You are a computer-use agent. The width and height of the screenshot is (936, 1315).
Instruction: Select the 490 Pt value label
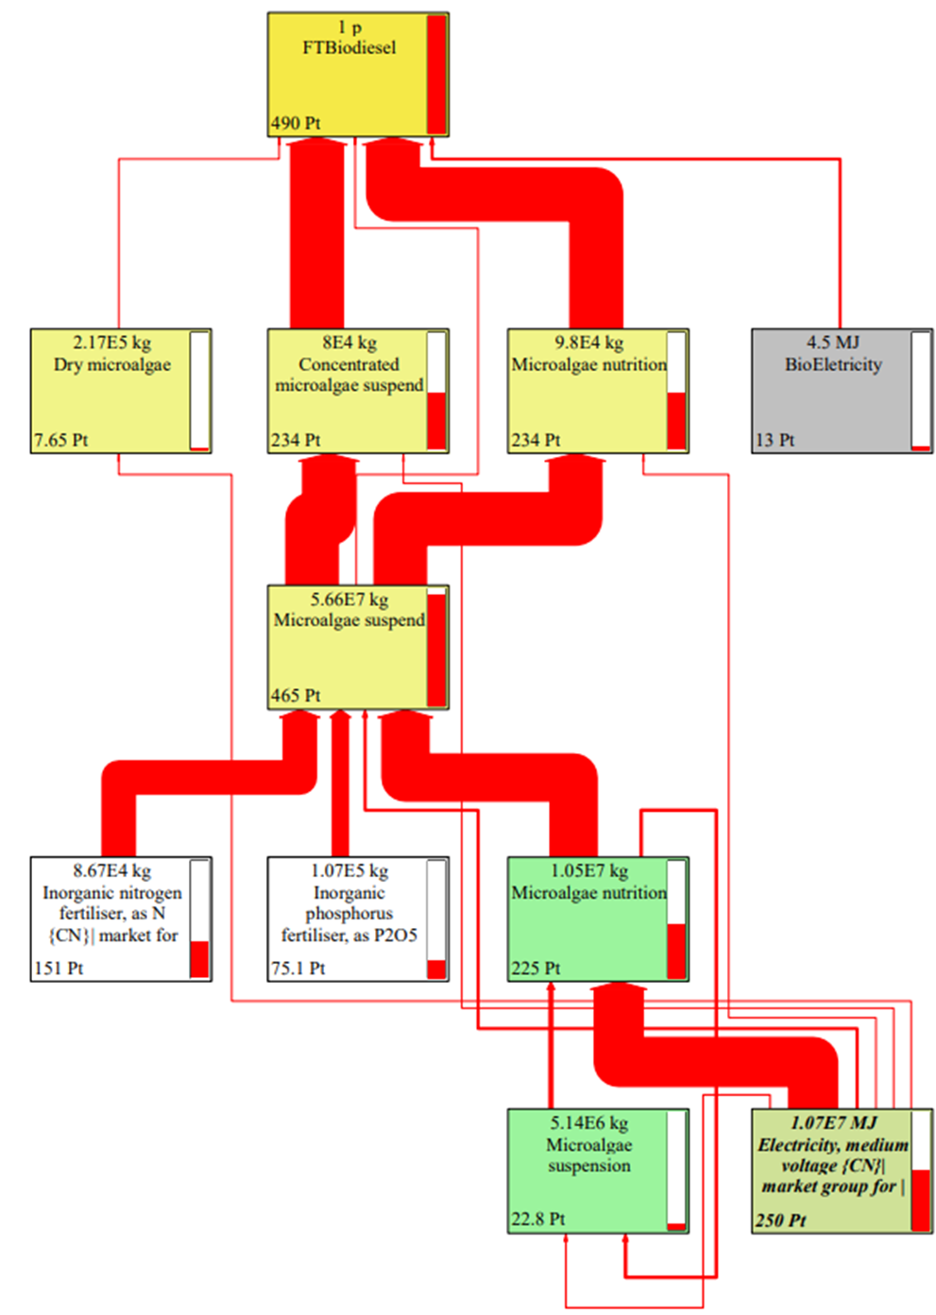coord(296,124)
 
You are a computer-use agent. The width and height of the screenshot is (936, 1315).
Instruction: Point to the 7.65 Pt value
coord(61,440)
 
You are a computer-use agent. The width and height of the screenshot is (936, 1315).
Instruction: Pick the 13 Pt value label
coord(774,440)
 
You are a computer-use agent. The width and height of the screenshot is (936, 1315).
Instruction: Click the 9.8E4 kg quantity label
coord(588,343)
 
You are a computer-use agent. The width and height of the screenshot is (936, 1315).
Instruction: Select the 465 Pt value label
coord(296,696)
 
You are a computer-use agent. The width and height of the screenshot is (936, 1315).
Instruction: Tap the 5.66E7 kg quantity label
coord(349,599)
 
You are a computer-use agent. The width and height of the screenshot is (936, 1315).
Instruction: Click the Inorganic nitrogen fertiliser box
coord(111,918)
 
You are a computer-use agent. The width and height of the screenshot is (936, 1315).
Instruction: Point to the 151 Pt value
coord(59,969)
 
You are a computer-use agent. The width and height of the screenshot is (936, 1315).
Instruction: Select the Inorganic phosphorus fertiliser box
coord(348,918)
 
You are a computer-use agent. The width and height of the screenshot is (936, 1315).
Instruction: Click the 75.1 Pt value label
coord(298,969)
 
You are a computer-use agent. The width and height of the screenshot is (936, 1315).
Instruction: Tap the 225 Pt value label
coord(536,969)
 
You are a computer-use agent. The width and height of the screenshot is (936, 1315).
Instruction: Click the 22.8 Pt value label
coord(538,1220)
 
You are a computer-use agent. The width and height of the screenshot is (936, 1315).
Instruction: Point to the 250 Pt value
coord(780,1221)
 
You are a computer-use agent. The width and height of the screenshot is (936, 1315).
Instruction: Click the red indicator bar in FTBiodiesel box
coord(436,75)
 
